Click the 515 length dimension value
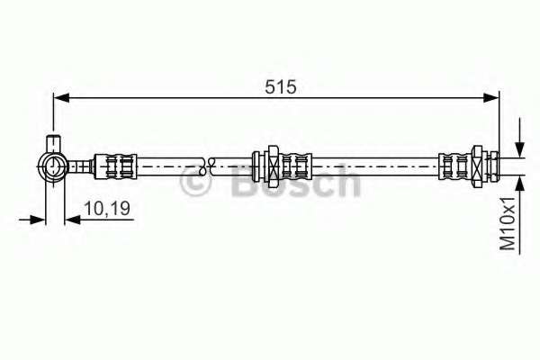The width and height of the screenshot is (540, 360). click(x=280, y=86)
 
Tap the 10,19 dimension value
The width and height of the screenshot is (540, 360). click(x=107, y=209)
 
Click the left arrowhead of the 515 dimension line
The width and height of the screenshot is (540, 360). click(x=62, y=98)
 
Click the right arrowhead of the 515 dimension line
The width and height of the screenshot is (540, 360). click(x=490, y=98)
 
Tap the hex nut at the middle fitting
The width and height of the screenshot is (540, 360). click(x=273, y=166)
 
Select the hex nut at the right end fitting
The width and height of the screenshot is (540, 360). click(x=478, y=166)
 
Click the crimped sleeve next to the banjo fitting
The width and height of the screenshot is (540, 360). click(x=115, y=166)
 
